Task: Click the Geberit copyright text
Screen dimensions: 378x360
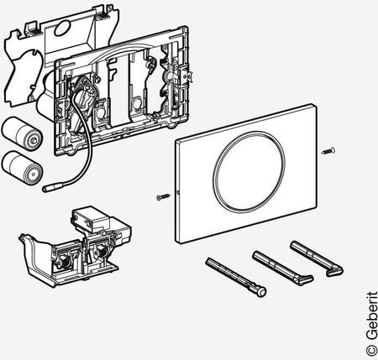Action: (372, 324)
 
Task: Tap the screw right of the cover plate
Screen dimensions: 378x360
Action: (328, 151)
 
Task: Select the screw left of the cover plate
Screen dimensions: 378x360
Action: (164, 196)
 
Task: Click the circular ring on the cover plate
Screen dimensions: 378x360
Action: (249, 171)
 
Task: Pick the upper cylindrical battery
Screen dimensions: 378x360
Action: (22, 134)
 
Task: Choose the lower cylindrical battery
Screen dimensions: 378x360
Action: (22, 168)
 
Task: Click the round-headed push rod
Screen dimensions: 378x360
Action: (236, 277)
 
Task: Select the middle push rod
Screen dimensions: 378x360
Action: (283, 268)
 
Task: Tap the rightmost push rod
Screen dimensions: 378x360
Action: (317, 258)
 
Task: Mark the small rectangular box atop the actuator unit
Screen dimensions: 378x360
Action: (91, 219)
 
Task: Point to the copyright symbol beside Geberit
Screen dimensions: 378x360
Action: (371, 351)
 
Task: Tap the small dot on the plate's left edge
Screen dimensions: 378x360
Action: (178, 192)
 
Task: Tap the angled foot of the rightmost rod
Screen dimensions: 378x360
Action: (335, 271)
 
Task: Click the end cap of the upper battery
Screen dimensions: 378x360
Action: (34, 140)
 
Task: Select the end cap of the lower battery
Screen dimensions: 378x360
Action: (34, 174)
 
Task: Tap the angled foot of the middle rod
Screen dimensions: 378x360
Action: (304, 279)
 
